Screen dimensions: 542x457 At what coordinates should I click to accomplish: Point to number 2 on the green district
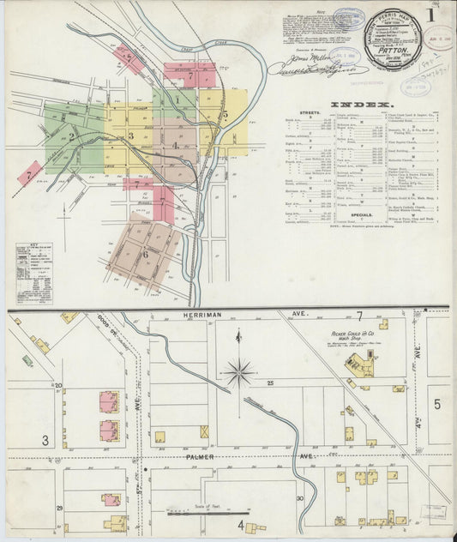[74, 135]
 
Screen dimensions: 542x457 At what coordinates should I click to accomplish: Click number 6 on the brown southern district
[146, 253]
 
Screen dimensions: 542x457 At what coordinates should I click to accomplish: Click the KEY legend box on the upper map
[32, 270]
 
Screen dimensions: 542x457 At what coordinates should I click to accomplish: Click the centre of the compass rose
[238, 371]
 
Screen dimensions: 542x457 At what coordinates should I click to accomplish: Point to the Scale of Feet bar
[201, 514]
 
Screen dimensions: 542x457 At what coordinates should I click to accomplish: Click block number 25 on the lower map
[268, 380]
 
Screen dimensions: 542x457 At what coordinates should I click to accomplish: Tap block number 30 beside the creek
[299, 497]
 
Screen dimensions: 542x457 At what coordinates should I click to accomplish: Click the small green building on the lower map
[27, 360]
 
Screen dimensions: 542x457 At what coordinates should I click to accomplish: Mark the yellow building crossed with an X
[204, 431]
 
